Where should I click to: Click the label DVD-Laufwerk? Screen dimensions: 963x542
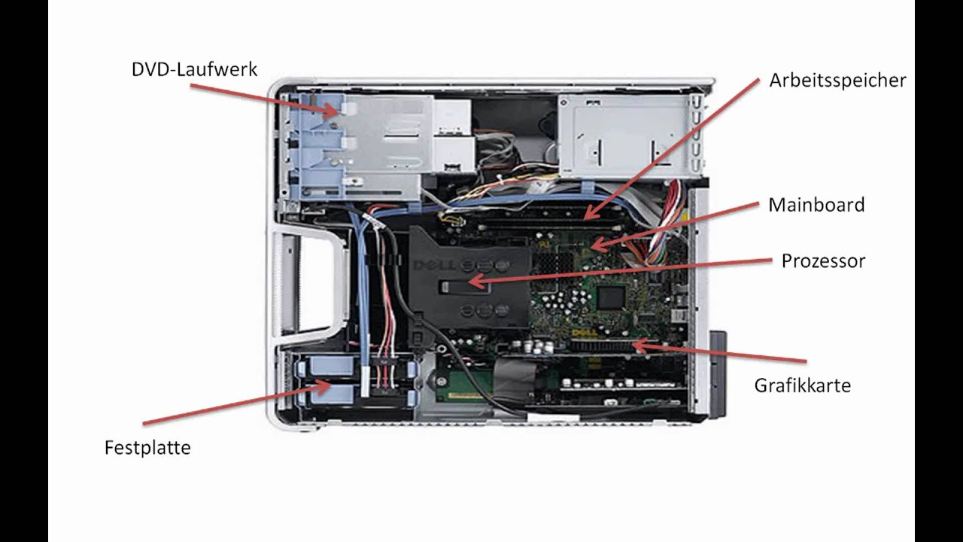click(194, 70)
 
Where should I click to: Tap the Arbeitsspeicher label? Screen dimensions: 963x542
click(837, 81)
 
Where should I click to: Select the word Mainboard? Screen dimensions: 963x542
click(816, 205)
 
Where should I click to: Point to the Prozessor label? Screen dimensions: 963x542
click(823, 261)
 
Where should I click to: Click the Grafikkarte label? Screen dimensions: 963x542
click(802, 385)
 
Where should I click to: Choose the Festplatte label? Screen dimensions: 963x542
click(147, 448)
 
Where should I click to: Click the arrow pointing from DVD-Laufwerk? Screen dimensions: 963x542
click(263, 99)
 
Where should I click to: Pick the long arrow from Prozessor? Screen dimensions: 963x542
click(617, 271)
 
